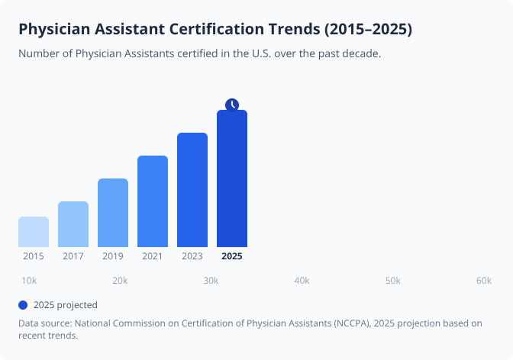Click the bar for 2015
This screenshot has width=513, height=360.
[34, 232]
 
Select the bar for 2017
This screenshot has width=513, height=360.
[73, 224]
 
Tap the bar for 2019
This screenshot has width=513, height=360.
[113, 213]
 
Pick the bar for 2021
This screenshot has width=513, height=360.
[153, 201]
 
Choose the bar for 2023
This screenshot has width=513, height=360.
[192, 190]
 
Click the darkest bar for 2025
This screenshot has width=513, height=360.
[232, 179]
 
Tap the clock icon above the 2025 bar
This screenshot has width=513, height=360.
[232, 104]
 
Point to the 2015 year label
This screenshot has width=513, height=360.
[34, 256]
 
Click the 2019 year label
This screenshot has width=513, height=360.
[113, 256]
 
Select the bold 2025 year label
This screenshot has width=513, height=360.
[232, 256]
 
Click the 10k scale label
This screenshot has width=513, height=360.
[29, 281]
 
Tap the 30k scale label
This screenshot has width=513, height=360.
[211, 281]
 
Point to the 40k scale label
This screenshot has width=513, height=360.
[302, 281]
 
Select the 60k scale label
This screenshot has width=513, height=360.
[483, 281]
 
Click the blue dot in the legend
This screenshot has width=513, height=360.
[23, 305]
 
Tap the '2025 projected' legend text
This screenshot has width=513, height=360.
[66, 305]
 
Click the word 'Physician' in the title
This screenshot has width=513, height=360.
[53, 30]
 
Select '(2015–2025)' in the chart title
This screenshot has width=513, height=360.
[368, 30]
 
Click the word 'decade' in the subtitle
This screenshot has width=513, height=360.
[360, 54]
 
